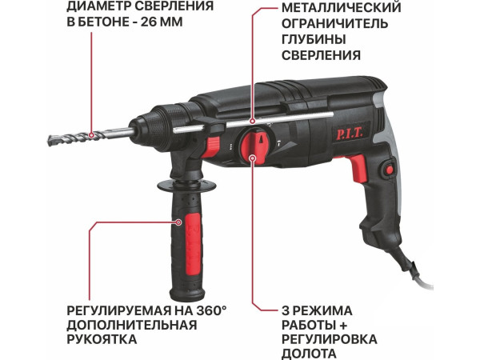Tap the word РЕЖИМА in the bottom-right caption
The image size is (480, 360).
point(320,309)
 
